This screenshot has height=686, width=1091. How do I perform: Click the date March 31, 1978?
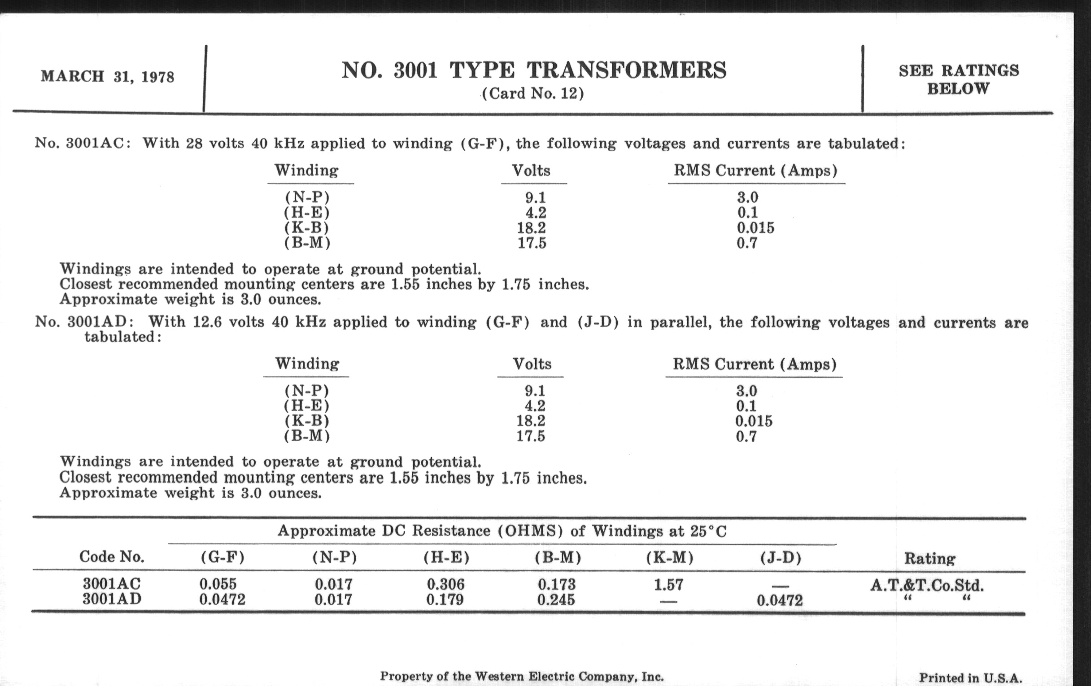coord(107,76)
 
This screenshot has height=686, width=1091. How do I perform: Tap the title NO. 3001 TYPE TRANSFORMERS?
coord(533,70)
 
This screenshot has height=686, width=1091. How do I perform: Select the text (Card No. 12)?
coord(533,93)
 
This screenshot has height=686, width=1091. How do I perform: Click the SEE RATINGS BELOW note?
coord(958,79)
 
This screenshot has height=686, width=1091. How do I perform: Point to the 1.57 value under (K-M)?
coord(668,585)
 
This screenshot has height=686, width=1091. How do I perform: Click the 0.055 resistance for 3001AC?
coord(218,584)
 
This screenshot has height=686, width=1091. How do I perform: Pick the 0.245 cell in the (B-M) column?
coord(556,600)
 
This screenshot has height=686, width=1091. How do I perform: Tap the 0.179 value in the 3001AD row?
coord(445,600)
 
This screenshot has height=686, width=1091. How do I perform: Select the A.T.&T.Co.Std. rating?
coord(927,586)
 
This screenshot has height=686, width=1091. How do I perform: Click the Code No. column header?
coord(111,557)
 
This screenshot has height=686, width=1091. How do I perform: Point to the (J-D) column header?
coord(781,557)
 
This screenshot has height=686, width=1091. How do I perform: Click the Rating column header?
coord(930,558)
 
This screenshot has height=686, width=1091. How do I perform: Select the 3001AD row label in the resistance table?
coord(112,599)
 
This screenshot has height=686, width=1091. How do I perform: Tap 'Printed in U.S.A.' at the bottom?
coord(970,678)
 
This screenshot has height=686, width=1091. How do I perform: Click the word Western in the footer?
coord(495,677)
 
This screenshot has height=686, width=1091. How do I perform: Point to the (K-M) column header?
coord(670,557)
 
